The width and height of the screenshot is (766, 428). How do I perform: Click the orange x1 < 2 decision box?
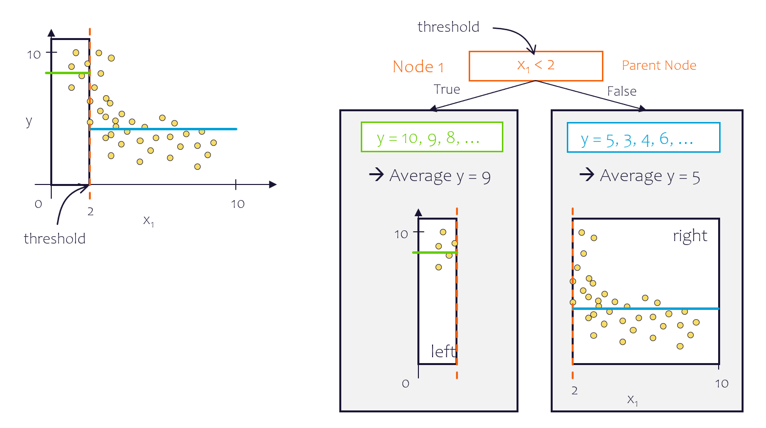pos(536,66)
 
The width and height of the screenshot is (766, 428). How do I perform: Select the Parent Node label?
pos(659,65)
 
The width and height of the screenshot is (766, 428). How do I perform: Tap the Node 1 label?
pos(418,67)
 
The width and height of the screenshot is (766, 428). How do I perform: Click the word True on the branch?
pos(447,89)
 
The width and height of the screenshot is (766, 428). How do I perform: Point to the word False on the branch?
pos(621,91)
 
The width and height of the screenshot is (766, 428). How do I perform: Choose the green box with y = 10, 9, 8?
pos(432,137)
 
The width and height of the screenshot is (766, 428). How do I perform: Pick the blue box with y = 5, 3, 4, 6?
pos(643,138)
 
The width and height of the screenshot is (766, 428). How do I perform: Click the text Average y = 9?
pos(439,176)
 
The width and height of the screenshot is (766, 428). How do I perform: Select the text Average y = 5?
pos(650,176)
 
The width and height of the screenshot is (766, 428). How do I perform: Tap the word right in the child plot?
pos(689,236)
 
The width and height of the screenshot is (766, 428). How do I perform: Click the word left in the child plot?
pos(443,351)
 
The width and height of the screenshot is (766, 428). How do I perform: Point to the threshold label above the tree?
pos(448,27)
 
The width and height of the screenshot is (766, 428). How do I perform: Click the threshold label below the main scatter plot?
pos(55,239)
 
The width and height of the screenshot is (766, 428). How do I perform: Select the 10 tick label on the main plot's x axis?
pos(238,204)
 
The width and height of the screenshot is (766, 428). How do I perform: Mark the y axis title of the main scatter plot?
pos(29,121)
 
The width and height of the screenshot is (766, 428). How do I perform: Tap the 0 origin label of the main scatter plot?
pos(39,204)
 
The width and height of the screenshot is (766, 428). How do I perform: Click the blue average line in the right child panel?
pos(644,308)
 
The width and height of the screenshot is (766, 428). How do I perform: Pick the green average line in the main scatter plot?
pos(67,73)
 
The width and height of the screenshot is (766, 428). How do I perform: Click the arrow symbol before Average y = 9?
pos(376,174)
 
